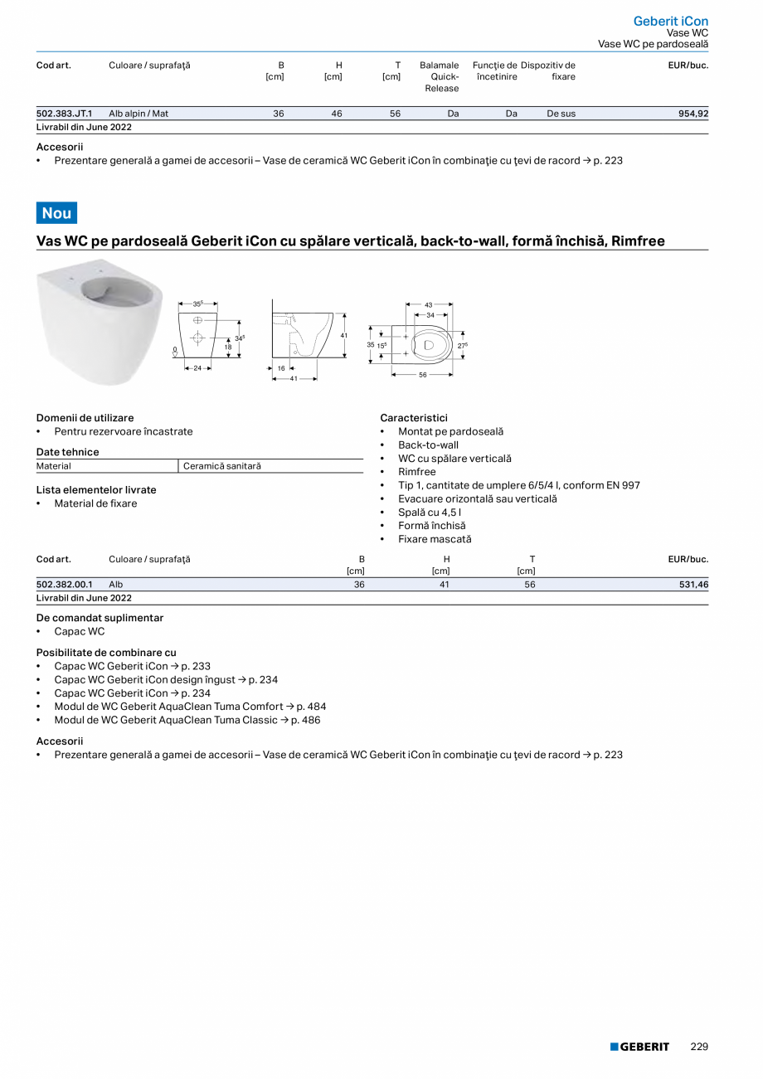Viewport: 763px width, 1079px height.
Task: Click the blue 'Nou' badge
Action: pos(56,213)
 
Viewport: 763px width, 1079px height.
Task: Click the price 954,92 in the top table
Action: pos(693,114)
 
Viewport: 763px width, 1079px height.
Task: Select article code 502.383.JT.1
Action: pos(65,114)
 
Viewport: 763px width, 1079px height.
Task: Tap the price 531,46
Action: pos(693,585)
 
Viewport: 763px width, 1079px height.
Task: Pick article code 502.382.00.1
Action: pos(65,585)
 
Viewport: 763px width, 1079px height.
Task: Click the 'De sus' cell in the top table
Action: pos(561,114)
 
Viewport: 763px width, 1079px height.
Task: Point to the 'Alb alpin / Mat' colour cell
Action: pos(139,114)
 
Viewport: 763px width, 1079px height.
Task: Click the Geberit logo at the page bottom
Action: pos(639,1047)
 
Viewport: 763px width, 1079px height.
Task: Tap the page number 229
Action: pos(699,1047)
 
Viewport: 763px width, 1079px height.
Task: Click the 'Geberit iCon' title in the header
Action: pos(670,21)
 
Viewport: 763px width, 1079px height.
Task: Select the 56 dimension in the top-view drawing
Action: pos(423,375)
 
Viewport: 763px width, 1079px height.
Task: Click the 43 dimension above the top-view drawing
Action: pos(429,304)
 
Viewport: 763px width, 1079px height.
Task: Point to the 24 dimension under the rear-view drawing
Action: pos(197,367)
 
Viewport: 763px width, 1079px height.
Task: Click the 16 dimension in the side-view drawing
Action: pos(281,367)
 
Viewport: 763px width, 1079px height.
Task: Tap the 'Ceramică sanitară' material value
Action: pos(222,466)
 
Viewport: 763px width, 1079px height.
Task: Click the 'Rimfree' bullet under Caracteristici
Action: pos(416,472)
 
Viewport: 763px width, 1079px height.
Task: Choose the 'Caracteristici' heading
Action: pos(414,418)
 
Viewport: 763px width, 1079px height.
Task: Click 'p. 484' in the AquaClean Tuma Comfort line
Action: pos(309,707)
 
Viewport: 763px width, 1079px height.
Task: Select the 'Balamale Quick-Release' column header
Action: pos(439,76)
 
